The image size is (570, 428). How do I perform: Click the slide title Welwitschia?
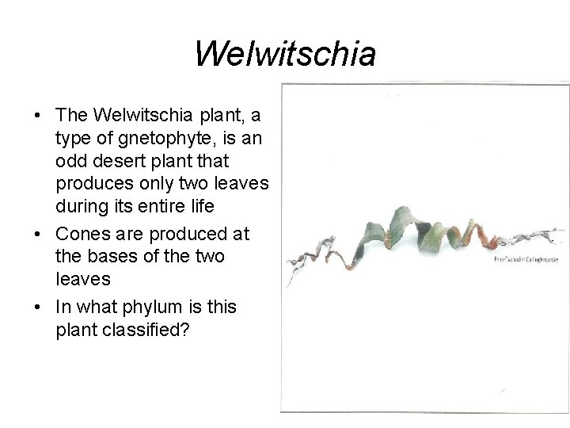[284, 55]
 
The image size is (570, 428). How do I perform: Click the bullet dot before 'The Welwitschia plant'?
[38, 117]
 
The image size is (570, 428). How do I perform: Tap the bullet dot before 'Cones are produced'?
[38, 235]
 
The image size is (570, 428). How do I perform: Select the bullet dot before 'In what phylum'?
[38, 308]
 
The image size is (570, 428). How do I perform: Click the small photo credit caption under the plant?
[526, 258]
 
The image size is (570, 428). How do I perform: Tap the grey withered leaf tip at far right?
[546, 236]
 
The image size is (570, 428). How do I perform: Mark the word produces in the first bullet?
[93, 183]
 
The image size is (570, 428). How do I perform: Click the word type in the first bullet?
[73, 139]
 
